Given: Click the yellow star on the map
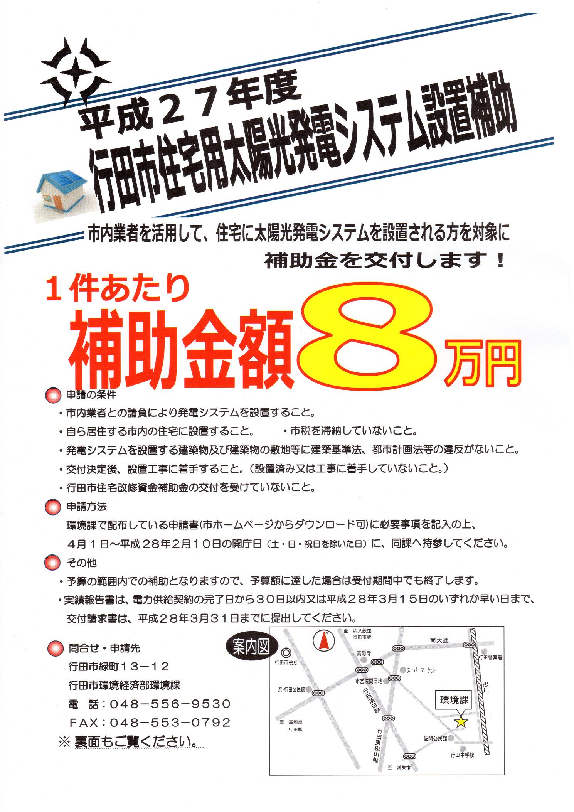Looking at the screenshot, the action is (461, 722).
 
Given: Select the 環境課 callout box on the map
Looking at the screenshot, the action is (454, 700).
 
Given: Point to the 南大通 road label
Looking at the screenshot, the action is (439, 641).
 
